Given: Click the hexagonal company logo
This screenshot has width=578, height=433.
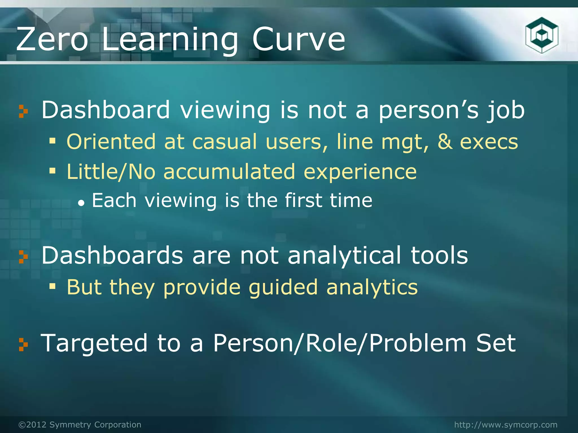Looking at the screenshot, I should [x=542, y=35].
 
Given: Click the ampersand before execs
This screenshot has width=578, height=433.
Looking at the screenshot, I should [x=445, y=142].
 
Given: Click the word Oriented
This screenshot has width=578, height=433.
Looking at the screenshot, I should [x=111, y=142].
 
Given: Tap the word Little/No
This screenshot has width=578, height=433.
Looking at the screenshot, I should [x=111, y=172].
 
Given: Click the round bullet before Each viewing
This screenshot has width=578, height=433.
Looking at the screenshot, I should [x=81, y=202].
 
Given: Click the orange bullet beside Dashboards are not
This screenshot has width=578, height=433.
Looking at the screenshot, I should [x=23, y=257].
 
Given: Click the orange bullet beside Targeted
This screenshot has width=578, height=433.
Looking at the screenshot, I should [x=23, y=345].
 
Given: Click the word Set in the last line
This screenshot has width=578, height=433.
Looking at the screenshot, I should [x=496, y=343].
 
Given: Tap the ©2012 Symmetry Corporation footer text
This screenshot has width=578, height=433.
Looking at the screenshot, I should [x=80, y=425].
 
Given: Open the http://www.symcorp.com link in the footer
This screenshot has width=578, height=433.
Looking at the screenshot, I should [x=506, y=425].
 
